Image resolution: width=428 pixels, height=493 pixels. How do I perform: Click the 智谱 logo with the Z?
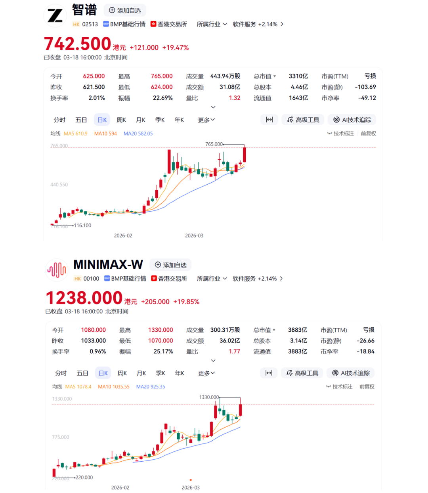[x=55, y=16]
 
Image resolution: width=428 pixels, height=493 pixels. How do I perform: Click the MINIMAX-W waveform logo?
[x=57, y=270]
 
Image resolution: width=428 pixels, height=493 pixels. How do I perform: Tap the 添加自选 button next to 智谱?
[x=125, y=10]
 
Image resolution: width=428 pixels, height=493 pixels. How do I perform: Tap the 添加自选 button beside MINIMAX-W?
[x=170, y=265]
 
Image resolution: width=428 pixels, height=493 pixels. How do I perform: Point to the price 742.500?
[x=78, y=44]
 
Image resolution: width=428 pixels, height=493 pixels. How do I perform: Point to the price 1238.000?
[x=84, y=298]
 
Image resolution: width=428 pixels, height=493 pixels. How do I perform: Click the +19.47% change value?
[x=176, y=48]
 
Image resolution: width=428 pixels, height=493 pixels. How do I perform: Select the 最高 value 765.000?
[x=162, y=76]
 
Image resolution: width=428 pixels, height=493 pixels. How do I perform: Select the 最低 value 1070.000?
[x=160, y=340]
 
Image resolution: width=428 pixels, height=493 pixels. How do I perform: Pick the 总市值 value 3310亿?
[x=298, y=76]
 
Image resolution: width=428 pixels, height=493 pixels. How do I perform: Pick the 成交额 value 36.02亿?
[x=230, y=340]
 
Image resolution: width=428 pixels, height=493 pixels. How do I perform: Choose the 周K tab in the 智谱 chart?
[x=121, y=120]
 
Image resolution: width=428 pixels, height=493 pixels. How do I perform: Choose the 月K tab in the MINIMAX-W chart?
[x=141, y=373]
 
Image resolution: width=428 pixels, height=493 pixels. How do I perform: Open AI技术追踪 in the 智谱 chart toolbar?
[x=352, y=120]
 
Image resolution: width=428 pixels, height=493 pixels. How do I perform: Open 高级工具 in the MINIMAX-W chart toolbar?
[x=302, y=373]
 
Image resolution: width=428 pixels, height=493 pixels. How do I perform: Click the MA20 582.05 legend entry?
[x=138, y=134]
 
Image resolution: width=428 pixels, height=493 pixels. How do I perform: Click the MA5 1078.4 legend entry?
[x=78, y=386]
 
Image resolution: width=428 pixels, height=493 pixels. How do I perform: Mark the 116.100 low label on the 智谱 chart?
[x=82, y=225]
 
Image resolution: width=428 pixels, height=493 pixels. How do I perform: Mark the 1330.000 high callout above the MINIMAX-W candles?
[x=209, y=397]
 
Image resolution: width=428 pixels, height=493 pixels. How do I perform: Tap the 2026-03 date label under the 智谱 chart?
[x=194, y=235]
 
